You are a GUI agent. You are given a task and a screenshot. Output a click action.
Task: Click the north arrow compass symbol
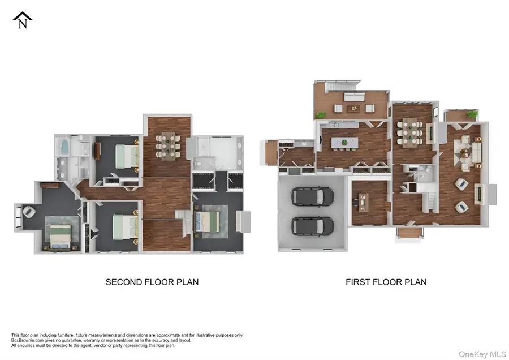click(22, 20)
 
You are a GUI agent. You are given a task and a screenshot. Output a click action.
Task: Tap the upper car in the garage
click(305, 197)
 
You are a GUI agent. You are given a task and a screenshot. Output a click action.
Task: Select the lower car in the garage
click(305, 226)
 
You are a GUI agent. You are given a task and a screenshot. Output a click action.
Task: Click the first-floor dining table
click(409, 131)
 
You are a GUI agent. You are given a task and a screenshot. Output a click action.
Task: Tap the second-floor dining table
click(168, 144)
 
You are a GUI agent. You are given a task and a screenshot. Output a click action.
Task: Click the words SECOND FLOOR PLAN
click(152, 282)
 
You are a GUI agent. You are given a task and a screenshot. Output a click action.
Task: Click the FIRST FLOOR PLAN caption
click(386, 282)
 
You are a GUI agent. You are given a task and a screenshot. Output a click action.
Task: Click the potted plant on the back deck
click(321, 115)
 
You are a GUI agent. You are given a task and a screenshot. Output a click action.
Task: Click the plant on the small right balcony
click(471, 115)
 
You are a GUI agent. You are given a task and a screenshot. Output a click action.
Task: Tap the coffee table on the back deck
click(354, 108)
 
